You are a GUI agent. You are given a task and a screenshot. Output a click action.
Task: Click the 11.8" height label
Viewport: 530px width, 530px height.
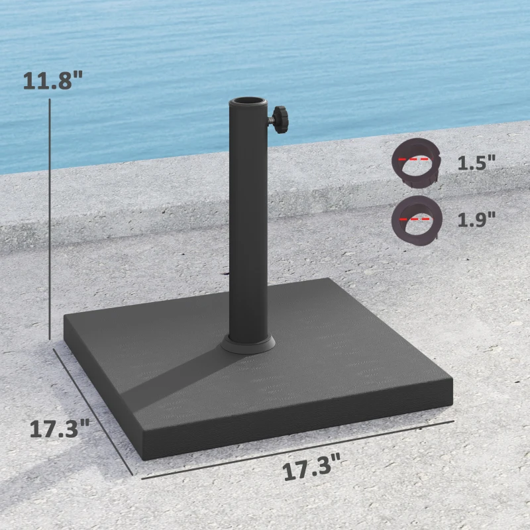point(53,80)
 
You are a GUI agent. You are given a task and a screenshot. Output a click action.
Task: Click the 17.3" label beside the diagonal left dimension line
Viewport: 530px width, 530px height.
point(60,428)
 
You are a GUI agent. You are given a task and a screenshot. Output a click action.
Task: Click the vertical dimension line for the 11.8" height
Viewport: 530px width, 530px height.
point(50,219)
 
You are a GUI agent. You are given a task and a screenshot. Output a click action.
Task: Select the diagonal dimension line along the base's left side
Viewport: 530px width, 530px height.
point(93,411)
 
